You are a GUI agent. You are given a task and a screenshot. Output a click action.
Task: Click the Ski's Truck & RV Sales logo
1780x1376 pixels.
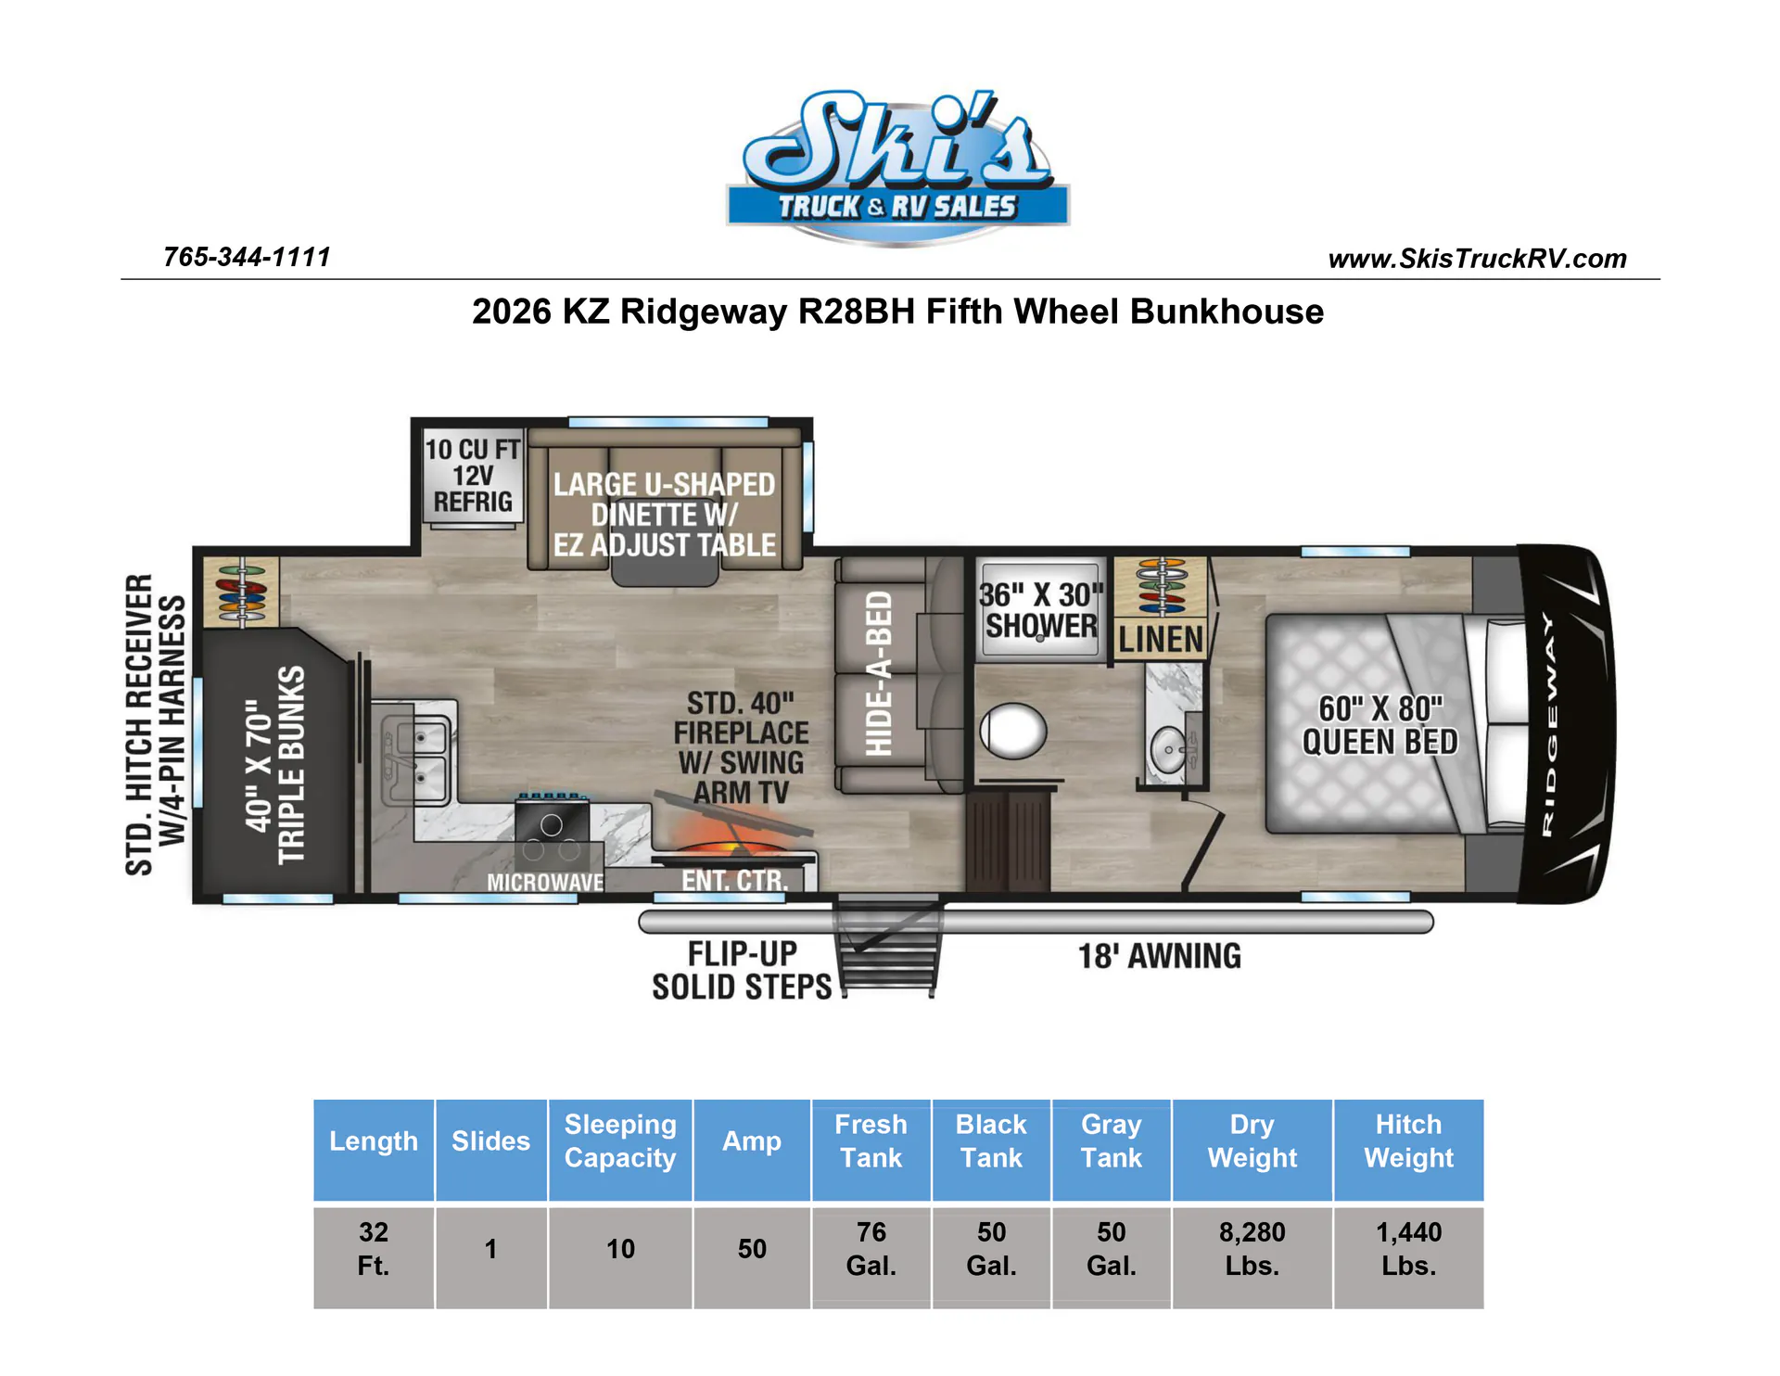point(896,168)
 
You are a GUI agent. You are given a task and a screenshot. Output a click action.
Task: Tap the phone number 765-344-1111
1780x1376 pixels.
point(247,257)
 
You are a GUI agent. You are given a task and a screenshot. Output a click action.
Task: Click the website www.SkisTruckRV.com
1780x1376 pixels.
point(1477,259)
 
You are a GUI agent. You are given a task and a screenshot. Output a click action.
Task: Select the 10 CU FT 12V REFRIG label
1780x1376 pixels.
point(473,476)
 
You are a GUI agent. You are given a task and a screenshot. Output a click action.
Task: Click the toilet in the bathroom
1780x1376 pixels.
point(1013,731)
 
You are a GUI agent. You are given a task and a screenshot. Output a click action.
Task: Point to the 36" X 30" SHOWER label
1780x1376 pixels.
point(1041,610)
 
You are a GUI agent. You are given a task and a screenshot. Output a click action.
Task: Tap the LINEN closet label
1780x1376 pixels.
point(1161,639)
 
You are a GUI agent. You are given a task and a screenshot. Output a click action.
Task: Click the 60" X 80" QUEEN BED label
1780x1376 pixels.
point(1379,725)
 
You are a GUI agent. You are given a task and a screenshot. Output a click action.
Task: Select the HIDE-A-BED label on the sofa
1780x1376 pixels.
point(878,674)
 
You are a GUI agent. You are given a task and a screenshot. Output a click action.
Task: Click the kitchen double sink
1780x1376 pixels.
point(418,752)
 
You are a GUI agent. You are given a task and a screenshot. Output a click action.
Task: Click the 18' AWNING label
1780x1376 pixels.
point(1159,956)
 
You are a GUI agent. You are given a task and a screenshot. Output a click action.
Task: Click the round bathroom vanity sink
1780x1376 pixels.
point(1167,749)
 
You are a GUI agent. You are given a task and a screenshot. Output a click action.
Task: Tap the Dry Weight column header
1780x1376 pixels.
point(1252,1141)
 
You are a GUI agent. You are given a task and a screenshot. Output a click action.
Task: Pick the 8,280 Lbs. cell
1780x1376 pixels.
point(1252,1249)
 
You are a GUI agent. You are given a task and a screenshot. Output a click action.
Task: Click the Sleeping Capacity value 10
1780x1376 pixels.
point(620,1249)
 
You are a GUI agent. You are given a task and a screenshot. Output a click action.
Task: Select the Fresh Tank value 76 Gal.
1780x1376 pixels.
point(871,1249)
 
